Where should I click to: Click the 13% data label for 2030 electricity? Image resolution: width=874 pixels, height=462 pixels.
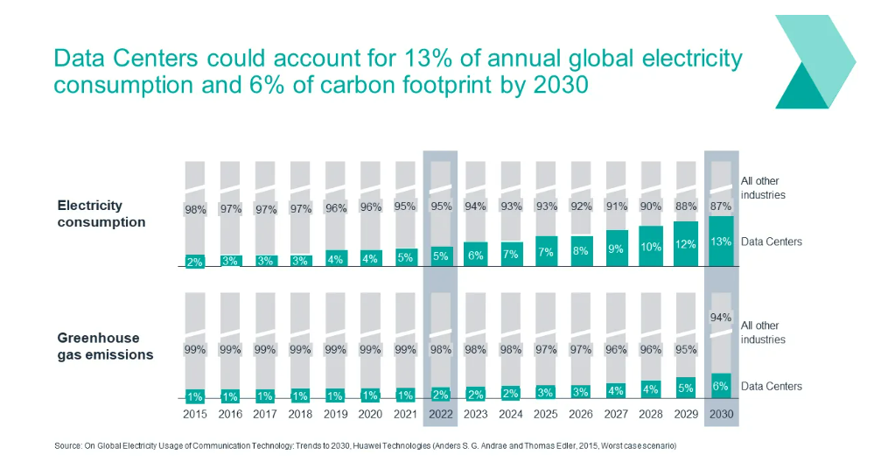[721, 241]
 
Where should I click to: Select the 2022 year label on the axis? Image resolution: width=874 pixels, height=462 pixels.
[440, 414]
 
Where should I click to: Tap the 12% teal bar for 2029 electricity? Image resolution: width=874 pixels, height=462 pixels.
[686, 243]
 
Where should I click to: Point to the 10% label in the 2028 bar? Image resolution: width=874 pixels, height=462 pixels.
[651, 247]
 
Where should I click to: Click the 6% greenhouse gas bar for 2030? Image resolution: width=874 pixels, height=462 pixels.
[721, 386]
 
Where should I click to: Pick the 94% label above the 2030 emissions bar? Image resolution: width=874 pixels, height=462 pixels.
[721, 318]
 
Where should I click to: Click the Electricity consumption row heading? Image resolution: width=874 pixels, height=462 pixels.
[101, 213]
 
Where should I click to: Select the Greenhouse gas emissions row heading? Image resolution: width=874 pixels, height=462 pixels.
[105, 346]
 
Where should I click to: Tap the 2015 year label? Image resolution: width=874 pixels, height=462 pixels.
[195, 414]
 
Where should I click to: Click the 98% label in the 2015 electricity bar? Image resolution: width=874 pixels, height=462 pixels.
[195, 209]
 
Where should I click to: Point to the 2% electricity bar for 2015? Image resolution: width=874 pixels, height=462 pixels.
[195, 261]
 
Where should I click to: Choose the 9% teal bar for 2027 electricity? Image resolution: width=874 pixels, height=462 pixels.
[616, 248]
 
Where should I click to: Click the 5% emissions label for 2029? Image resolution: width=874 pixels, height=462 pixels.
[686, 388]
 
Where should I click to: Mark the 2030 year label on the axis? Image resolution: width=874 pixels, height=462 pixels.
[721, 414]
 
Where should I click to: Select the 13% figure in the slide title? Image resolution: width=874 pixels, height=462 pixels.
[430, 59]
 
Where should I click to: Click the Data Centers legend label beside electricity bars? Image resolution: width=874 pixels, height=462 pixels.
[771, 241]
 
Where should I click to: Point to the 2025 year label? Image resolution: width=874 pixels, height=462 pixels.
[546, 414]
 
